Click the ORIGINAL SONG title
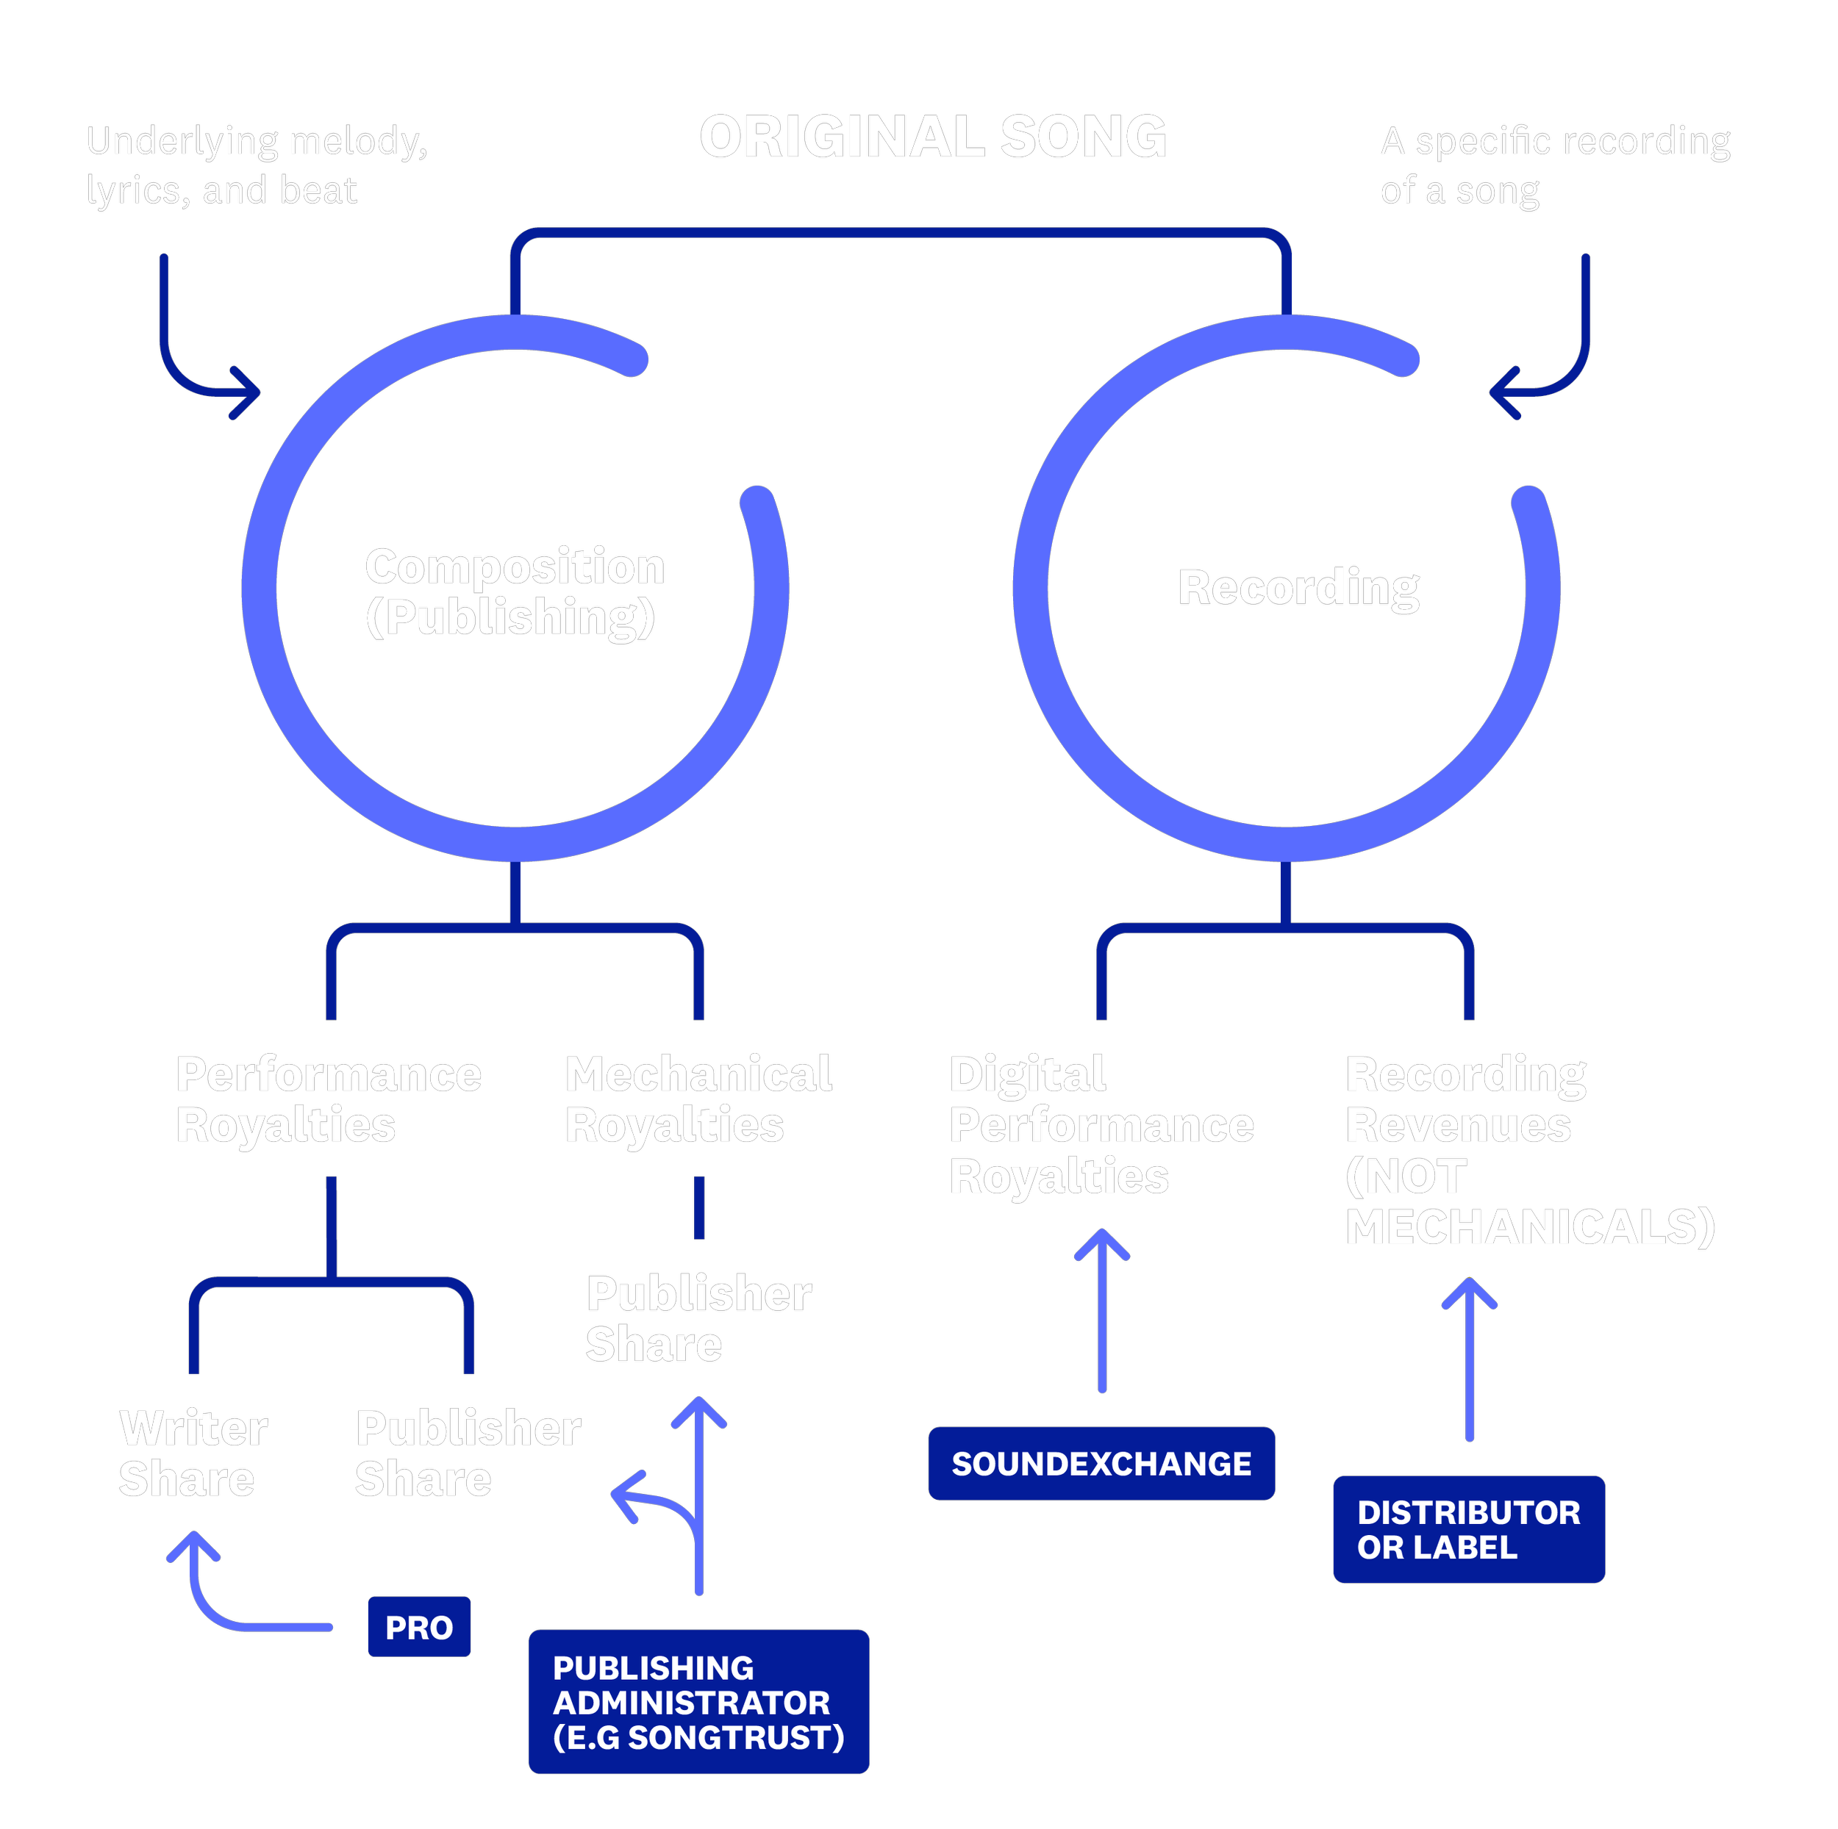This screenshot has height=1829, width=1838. (932, 137)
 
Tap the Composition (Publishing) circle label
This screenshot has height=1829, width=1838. (514, 591)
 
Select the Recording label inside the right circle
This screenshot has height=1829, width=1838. (1298, 587)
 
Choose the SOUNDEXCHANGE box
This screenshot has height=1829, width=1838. (1101, 1463)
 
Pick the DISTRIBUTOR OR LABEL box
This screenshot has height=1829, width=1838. (1468, 1528)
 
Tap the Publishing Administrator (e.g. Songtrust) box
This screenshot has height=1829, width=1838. (698, 1702)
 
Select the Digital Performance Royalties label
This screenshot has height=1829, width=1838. (1101, 1124)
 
